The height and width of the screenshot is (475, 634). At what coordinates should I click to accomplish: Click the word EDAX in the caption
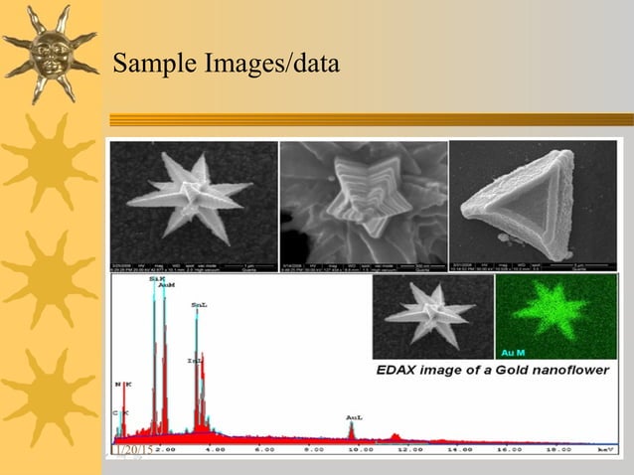click(401, 371)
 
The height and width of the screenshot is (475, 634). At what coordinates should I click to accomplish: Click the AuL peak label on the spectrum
click(353, 417)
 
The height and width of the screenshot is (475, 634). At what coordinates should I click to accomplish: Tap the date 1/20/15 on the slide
click(131, 450)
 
